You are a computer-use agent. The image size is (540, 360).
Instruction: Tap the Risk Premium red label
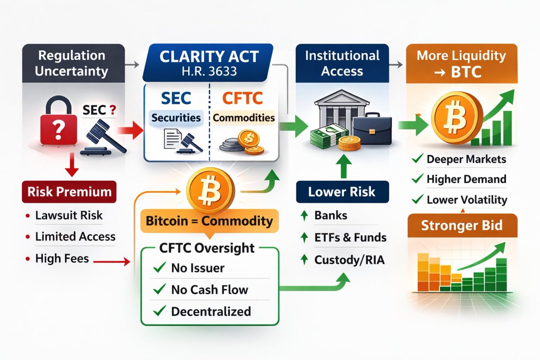[69, 192]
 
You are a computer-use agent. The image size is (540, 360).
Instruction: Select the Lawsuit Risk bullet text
[69, 216]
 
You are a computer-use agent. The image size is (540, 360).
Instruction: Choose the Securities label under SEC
[176, 117]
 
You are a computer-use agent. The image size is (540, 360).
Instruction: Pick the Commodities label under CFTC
[244, 117]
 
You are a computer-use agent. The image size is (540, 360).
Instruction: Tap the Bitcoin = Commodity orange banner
[210, 221]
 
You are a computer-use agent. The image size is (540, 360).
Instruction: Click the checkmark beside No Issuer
[158, 269]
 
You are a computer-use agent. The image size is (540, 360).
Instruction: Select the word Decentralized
[211, 310]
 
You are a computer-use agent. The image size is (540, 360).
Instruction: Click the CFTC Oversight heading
[207, 248]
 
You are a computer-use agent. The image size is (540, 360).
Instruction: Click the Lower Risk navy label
[342, 192]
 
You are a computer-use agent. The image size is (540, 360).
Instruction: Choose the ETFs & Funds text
[350, 237]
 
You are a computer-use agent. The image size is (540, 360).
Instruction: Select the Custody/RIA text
[350, 260]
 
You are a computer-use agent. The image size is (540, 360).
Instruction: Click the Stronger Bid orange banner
[462, 225]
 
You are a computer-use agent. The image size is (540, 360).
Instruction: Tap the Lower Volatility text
[467, 199]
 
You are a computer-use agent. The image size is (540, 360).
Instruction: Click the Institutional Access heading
[342, 63]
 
